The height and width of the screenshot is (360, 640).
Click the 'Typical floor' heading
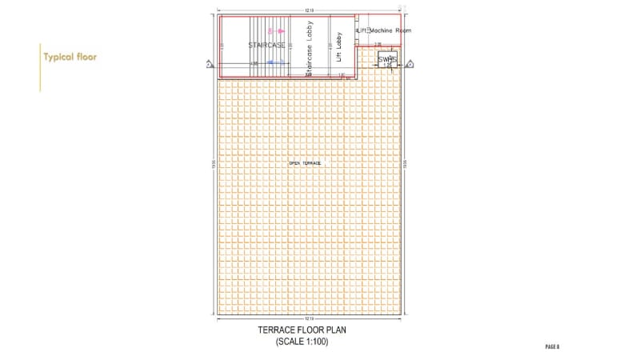click(x=71, y=58)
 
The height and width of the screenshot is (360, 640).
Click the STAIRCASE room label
click(x=266, y=45)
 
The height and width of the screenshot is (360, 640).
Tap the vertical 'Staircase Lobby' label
click(x=310, y=49)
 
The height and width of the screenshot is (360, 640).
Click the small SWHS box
click(x=387, y=59)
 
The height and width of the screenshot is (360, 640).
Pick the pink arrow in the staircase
click(x=271, y=30)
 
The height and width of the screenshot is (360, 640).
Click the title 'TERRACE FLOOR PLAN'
click(x=303, y=330)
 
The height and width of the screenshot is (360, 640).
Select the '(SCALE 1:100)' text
click(x=302, y=342)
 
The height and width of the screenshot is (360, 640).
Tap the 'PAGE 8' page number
click(x=552, y=346)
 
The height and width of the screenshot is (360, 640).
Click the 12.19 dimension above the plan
click(x=309, y=10)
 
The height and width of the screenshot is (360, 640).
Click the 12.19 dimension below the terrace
click(x=309, y=318)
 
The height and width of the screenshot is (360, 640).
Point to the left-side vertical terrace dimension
click(x=214, y=163)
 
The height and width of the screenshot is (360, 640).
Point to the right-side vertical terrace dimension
click(x=406, y=163)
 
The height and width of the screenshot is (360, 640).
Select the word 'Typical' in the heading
click(x=58, y=58)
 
